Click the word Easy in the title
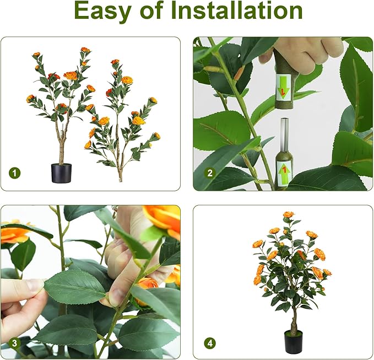tap(104, 11)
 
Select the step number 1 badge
tap(14, 173)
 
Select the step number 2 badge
tap(209, 173)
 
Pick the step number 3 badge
tap(14, 343)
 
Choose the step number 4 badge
tap(209, 343)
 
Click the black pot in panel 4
tap(293, 341)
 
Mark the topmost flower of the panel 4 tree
tap(288, 214)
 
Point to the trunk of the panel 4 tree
tap(293, 320)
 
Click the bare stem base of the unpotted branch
tap(120, 175)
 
